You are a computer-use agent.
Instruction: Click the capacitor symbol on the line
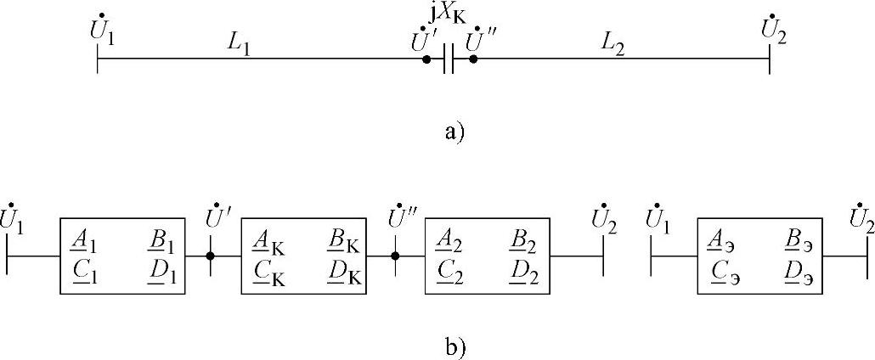click(x=449, y=59)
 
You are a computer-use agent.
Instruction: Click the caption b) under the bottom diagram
click(x=454, y=346)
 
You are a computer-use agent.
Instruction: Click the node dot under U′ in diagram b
click(x=211, y=256)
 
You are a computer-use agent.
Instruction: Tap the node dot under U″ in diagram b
click(x=395, y=256)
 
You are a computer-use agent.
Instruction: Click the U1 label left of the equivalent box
click(x=656, y=220)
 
